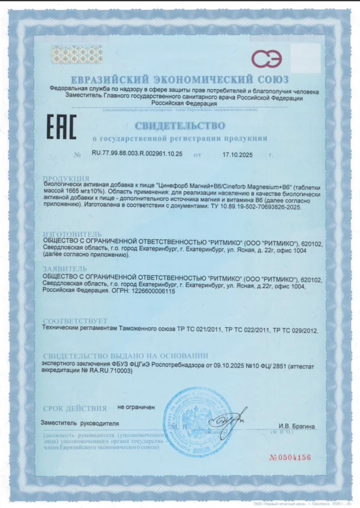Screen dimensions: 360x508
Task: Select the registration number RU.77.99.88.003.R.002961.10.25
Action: (137, 154)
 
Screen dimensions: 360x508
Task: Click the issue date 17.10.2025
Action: (237, 155)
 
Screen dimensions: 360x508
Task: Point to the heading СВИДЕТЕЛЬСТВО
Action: (179, 125)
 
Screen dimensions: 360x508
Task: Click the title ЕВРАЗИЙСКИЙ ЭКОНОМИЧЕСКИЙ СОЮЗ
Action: (180, 79)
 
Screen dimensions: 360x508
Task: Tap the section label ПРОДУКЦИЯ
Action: (66, 178)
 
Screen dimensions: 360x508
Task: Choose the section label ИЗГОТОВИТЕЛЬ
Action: (72, 232)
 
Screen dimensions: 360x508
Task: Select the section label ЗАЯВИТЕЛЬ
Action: (64, 267)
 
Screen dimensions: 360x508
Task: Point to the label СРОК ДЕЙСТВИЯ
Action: (74, 408)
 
